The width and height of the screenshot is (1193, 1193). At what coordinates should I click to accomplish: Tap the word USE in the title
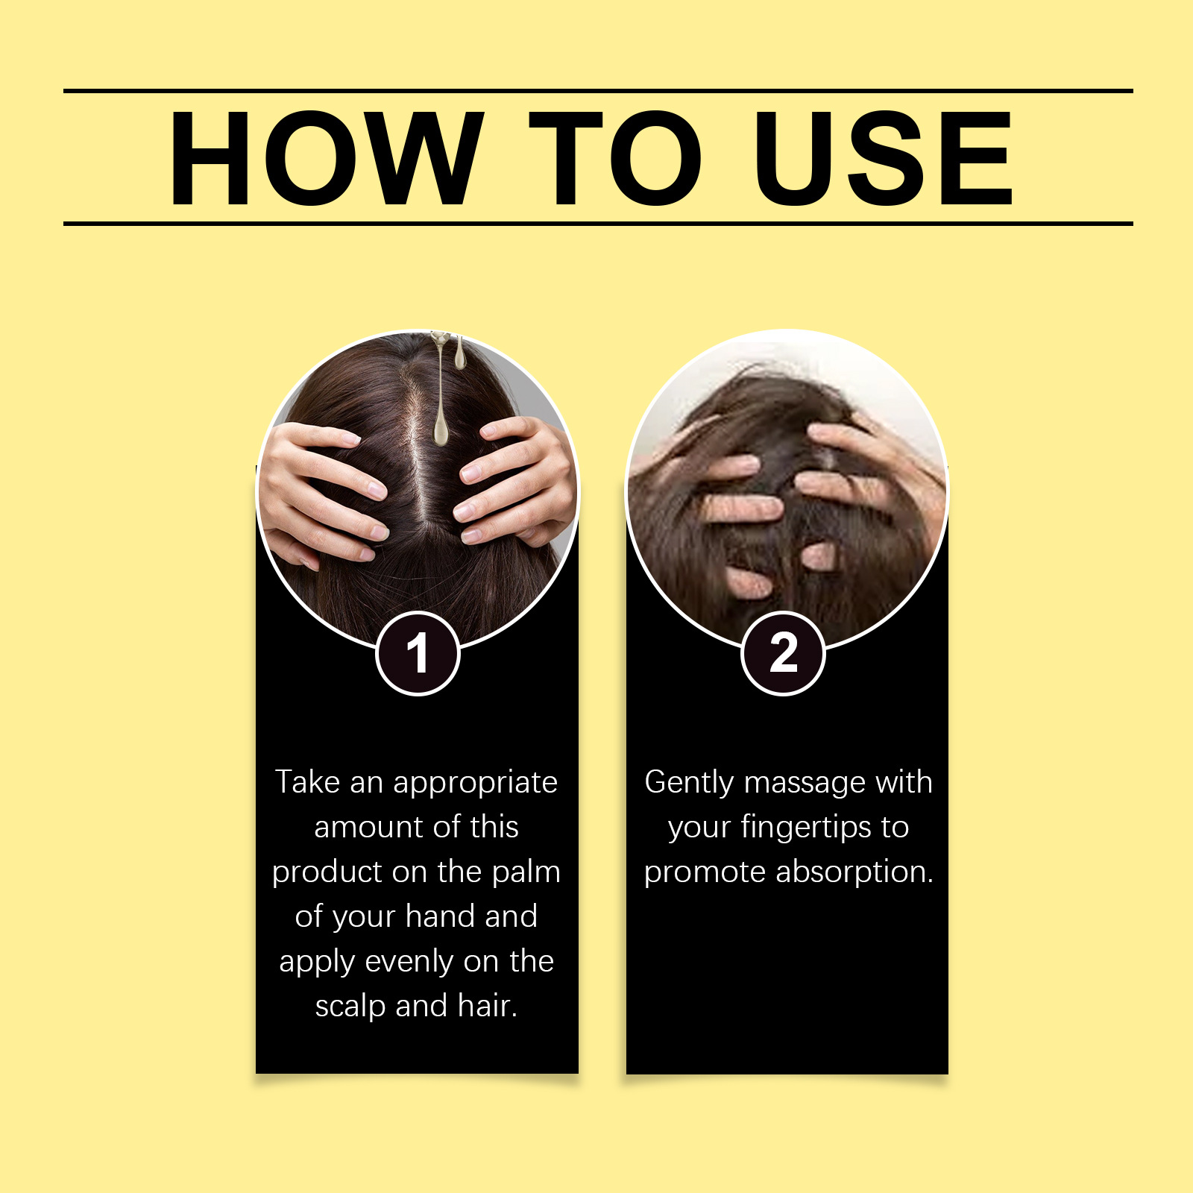pos(883,157)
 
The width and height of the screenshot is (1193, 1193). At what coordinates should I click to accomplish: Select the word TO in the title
pos(616,157)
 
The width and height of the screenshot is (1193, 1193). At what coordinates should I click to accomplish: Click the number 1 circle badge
pos(418,653)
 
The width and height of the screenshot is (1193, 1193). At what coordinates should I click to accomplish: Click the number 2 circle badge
pos(783,653)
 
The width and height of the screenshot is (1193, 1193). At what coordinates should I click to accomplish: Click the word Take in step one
pos(308,781)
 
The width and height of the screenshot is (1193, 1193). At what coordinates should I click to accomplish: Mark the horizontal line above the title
pos(598,91)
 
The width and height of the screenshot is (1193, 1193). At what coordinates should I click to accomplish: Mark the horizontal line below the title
pos(598,223)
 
